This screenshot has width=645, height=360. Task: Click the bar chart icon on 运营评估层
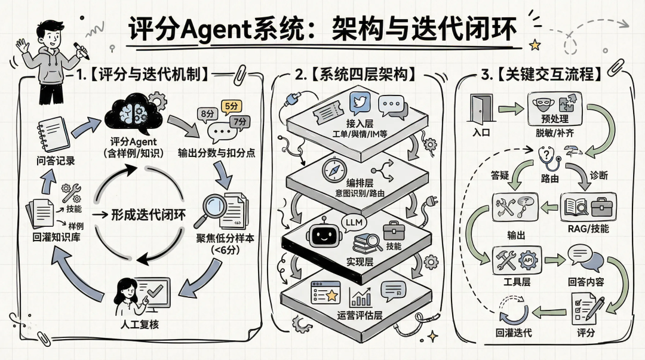pos(361,297)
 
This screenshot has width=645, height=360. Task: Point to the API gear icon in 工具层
pos(529,260)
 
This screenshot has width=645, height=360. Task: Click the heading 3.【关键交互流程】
pos(540,75)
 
